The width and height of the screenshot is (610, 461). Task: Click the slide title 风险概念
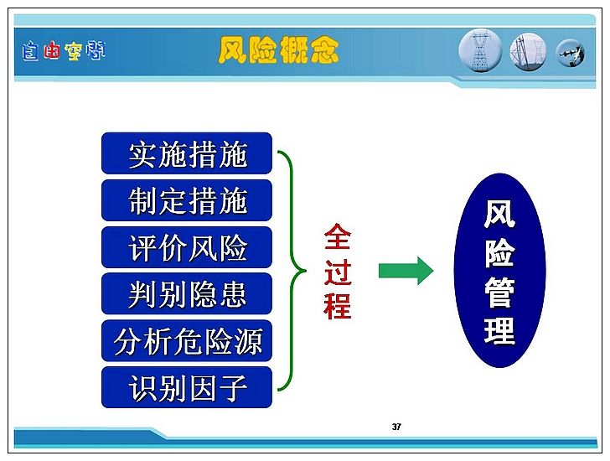278,49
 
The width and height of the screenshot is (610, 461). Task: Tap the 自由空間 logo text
64,51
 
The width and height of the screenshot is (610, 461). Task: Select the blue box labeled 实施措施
187,153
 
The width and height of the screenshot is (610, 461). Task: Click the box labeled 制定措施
187,200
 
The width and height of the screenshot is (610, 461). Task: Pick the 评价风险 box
187,247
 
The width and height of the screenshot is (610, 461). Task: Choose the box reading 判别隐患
187,293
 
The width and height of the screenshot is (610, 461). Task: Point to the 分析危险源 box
187,341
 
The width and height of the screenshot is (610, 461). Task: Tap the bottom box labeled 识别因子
187,387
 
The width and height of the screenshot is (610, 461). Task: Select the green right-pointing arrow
406,271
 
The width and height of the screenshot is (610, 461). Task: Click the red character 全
338,236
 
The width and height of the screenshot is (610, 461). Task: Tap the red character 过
338,272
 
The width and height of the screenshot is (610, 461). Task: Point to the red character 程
338,305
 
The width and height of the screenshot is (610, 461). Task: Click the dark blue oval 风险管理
500,271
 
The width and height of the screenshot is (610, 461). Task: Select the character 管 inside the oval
500,292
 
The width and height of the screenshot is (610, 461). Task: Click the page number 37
396,427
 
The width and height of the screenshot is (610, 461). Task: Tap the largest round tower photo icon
480,51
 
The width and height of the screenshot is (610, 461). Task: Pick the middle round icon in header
528,52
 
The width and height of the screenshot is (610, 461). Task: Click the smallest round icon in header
571,54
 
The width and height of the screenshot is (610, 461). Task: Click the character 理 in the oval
500,330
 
